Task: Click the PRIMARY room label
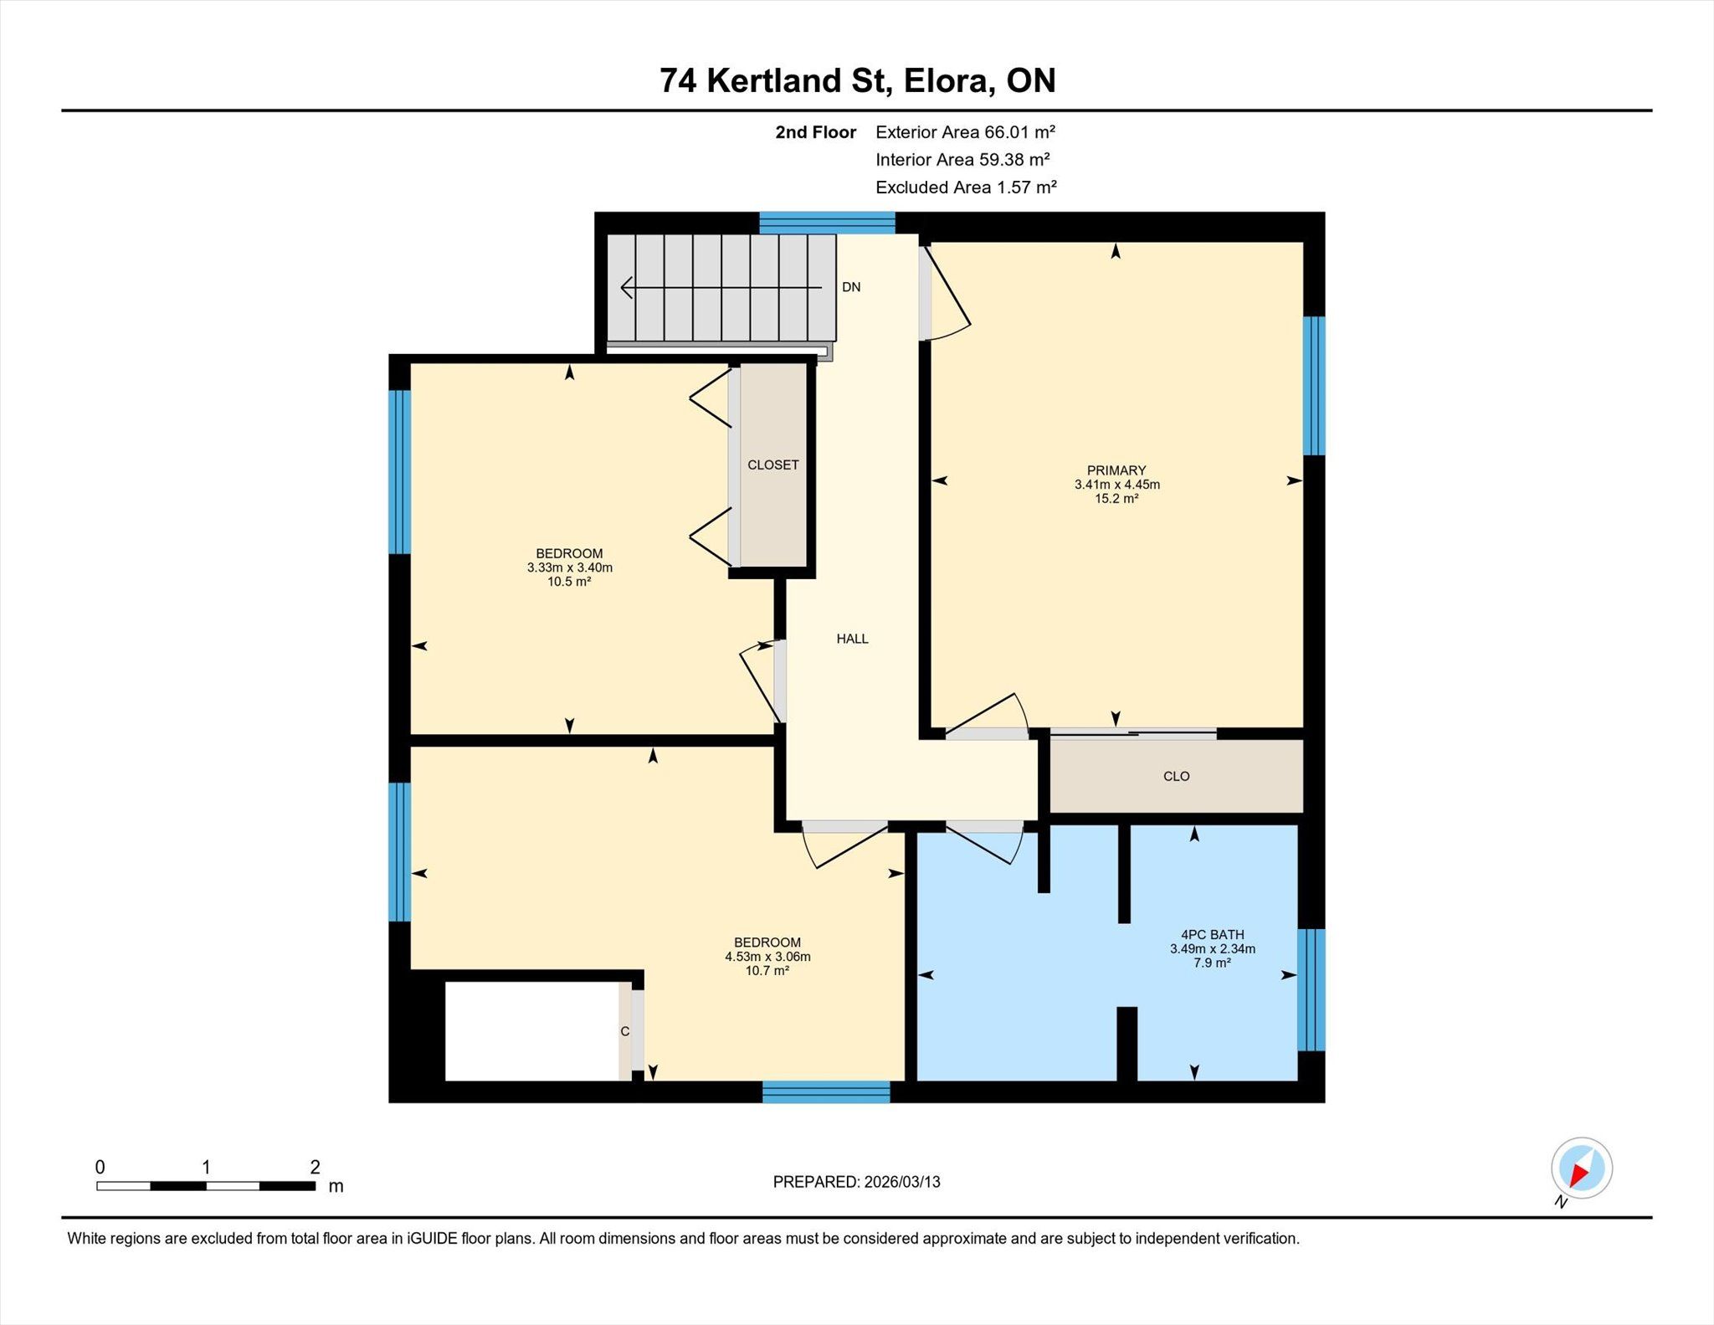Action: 1116,470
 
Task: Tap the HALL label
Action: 852,639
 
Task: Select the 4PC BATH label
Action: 1212,934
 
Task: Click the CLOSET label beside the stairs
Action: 772,465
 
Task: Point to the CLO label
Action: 1176,776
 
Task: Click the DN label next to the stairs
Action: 851,287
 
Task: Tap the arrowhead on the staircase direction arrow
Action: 626,288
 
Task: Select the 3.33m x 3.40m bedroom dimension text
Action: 569,567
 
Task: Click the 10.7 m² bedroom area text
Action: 767,971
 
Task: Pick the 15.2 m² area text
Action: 1116,499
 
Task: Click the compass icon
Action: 1581,1168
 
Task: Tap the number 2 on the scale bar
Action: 315,1167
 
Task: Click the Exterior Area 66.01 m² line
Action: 965,131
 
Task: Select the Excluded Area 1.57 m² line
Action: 966,187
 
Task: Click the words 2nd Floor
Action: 815,132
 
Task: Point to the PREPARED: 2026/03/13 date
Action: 856,1182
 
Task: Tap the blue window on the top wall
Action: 827,223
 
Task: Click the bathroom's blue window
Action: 1311,989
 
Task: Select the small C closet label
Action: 624,1032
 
